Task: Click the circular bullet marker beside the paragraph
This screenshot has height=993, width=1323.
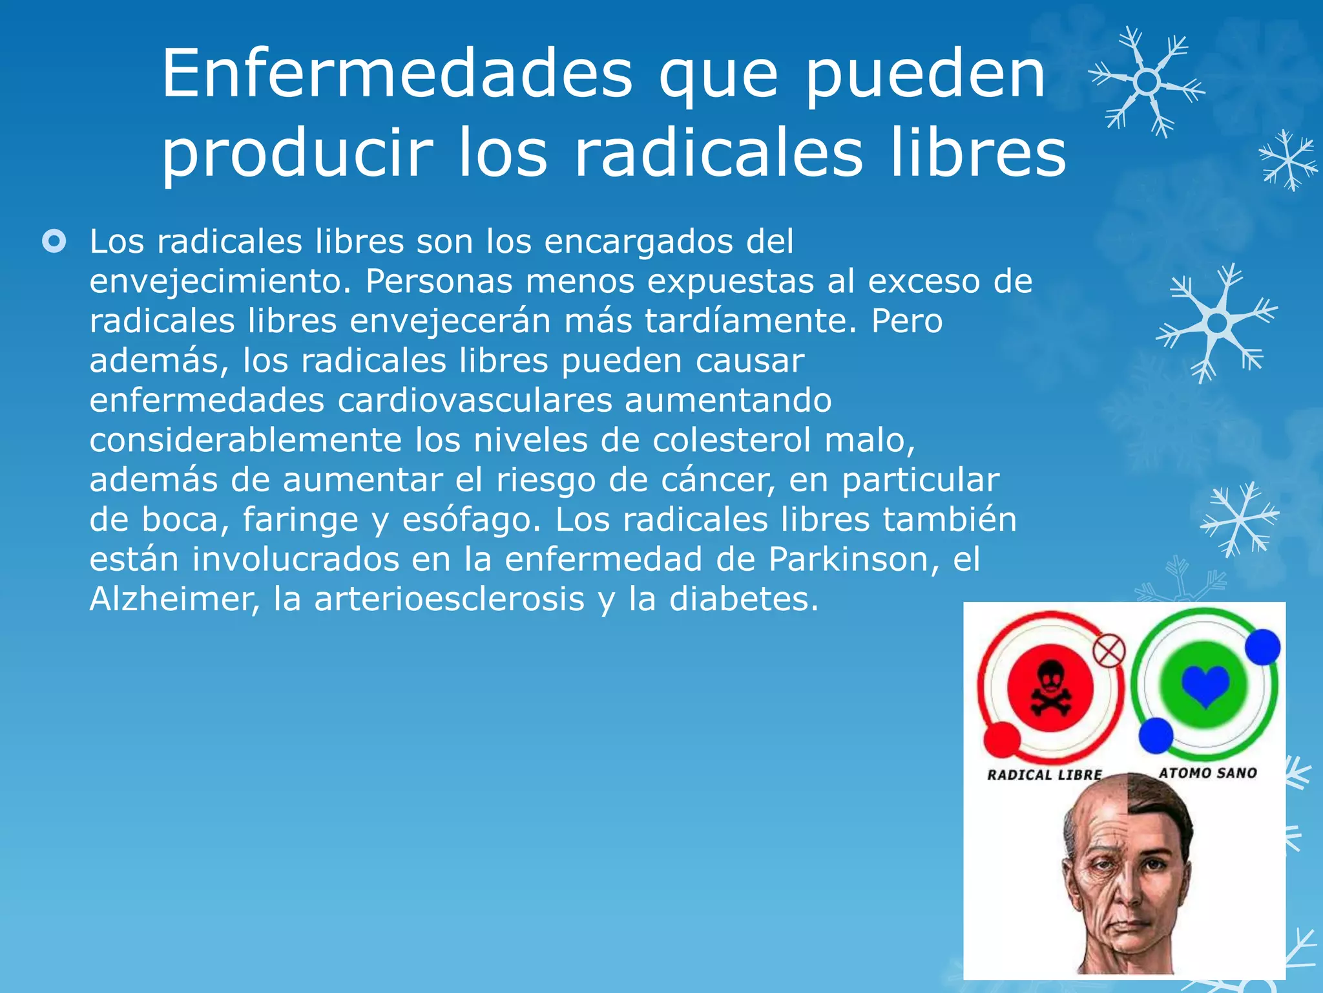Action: (x=54, y=242)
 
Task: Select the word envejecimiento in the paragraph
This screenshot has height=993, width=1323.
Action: (x=219, y=282)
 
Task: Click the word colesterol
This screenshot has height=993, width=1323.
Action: (x=731, y=440)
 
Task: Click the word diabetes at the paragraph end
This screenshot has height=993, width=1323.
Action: (x=743, y=599)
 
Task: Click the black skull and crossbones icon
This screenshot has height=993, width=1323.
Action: (x=1050, y=688)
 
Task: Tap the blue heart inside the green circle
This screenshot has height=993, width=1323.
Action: (x=1205, y=686)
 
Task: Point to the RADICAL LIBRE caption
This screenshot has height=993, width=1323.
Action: (x=1044, y=774)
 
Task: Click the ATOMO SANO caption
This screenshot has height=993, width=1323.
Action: (x=1207, y=773)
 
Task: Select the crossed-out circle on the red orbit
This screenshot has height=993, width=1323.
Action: (x=1109, y=651)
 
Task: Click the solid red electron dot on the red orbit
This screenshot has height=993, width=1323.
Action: (x=1002, y=740)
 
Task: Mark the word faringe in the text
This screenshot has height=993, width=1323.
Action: (x=300, y=520)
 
